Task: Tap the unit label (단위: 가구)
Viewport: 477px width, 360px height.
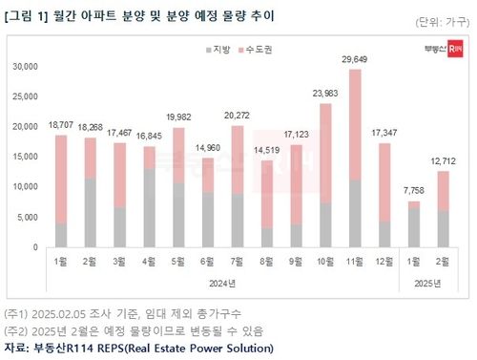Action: (x=442, y=21)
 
